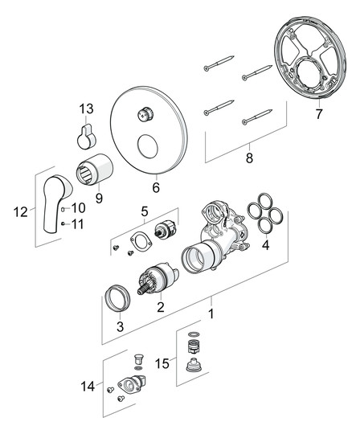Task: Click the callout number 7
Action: click(x=319, y=114)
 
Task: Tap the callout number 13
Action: click(x=87, y=108)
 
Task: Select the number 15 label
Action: click(x=162, y=363)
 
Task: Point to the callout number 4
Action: click(x=266, y=245)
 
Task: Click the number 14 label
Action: click(x=88, y=386)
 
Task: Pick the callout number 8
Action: click(x=249, y=158)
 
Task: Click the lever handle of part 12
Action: click(x=56, y=203)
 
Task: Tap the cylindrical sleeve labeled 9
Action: click(x=95, y=169)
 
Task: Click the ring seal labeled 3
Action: click(x=118, y=298)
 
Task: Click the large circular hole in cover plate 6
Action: click(x=148, y=146)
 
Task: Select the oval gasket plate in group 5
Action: click(x=141, y=240)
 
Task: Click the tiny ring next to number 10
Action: click(x=63, y=208)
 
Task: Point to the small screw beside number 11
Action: click(x=63, y=223)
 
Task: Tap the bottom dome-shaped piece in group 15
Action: click(x=192, y=366)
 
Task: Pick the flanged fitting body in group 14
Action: click(x=132, y=383)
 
